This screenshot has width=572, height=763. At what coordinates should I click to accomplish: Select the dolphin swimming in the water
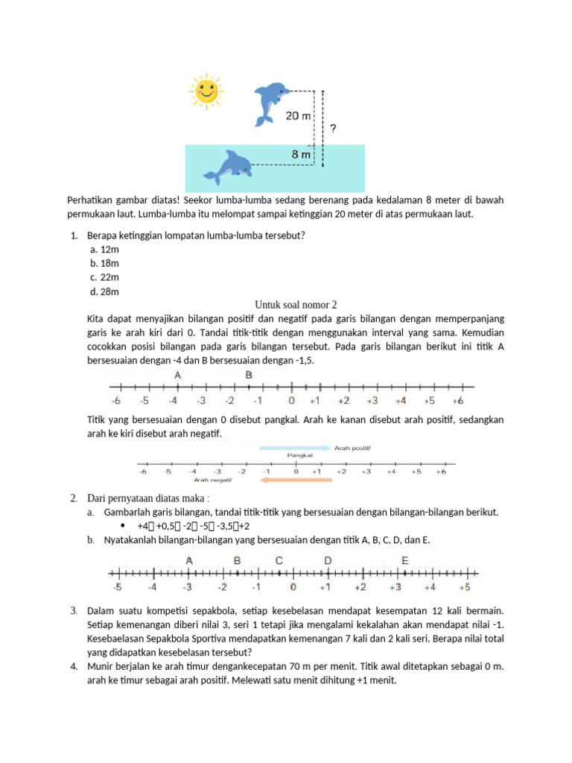click(x=229, y=167)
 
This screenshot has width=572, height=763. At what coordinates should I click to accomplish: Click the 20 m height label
click(x=297, y=116)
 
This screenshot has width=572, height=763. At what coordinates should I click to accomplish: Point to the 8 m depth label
click(x=301, y=154)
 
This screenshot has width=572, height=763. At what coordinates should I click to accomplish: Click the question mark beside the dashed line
click(x=332, y=129)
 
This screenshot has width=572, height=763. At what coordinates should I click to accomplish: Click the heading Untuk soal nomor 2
click(x=296, y=305)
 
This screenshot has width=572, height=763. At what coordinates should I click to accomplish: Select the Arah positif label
click(x=352, y=448)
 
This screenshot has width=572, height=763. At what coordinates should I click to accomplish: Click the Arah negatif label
click(x=214, y=481)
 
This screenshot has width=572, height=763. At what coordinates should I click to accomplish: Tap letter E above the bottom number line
click(x=405, y=560)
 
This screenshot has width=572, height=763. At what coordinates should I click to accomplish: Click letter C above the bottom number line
click(x=279, y=560)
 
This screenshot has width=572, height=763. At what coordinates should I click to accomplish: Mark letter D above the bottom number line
click(x=327, y=560)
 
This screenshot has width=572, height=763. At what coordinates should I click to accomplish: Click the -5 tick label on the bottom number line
click(x=116, y=587)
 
